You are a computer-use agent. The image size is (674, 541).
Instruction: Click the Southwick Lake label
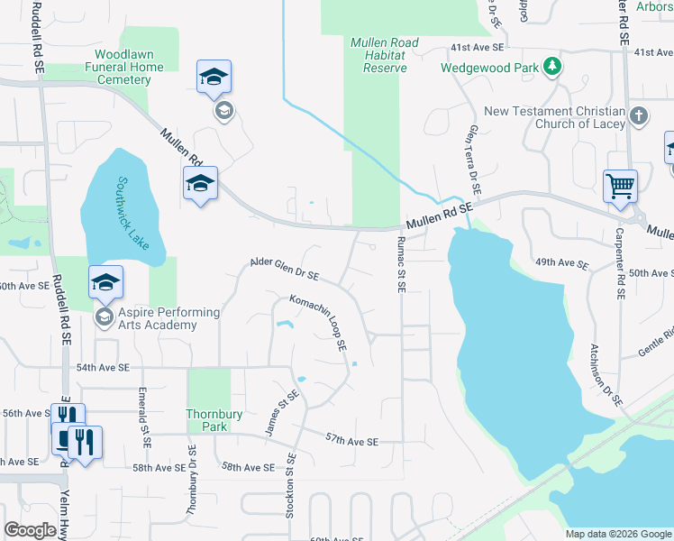click(129, 213)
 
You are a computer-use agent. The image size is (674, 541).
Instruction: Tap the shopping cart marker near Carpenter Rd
click(621, 187)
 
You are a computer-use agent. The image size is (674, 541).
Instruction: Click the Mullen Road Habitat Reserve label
click(384, 56)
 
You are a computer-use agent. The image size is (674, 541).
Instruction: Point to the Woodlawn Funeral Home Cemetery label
click(124, 67)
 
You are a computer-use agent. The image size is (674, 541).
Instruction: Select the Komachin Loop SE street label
click(318, 321)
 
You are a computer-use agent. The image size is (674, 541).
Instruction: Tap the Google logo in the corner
click(30, 530)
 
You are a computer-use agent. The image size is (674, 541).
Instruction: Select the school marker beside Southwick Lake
click(200, 184)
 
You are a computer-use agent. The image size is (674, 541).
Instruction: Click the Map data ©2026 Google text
click(618, 534)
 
